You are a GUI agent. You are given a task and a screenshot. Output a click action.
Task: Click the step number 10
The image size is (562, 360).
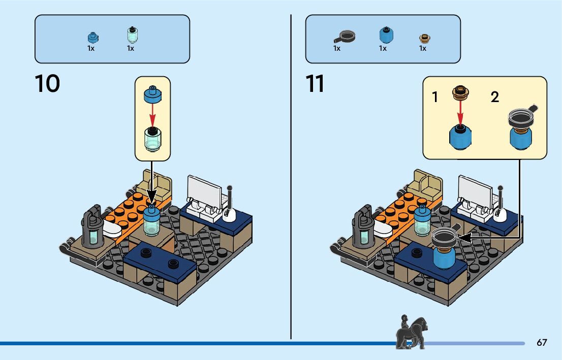pyautogui.click(x=47, y=84)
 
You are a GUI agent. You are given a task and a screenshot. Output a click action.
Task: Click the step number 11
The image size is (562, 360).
pyautogui.click(x=315, y=84)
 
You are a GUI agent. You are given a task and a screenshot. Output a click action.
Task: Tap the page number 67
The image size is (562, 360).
pyautogui.click(x=542, y=342)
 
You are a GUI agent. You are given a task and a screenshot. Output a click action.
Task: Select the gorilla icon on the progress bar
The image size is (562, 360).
pyautogui.click(x=411, y=333)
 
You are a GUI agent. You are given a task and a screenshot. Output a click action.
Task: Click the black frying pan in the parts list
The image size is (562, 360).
pyautogui.click(x=345, y=37)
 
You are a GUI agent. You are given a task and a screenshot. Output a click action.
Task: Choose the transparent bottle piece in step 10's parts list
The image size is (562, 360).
pyautogui.click(x=132, y=35)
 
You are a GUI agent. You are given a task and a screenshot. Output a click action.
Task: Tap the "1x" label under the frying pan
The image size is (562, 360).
pyautogui.click(x=337, y=49)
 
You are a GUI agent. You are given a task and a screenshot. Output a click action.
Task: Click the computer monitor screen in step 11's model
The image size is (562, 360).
pyautogui.click(x=474, y=189)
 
